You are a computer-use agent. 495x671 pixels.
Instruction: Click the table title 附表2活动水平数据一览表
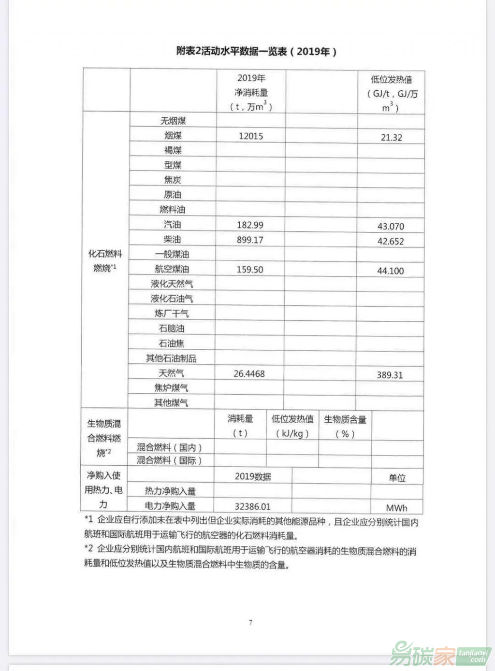[x=256, y=51]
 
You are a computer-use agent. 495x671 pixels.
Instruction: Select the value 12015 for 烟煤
[x=251, y=136]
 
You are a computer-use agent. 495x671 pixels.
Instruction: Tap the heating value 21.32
[x=391, y=138]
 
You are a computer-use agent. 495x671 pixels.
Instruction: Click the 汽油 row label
[x=173, y=225]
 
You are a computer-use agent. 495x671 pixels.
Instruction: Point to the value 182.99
[x=250, y=225]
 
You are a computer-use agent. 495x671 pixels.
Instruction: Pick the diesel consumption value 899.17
[x=250, y=240]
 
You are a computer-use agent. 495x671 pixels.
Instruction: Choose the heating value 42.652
[x=390, y=242]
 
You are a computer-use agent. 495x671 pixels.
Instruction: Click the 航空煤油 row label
[x=172, y=269]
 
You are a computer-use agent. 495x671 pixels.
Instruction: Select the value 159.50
[x=249, y=270]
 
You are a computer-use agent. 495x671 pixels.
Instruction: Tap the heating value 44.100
[x=390, y=271]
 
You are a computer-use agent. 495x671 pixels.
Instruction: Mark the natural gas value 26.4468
[x=249, y=374]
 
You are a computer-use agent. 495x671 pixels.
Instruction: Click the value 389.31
[x=390, y=375]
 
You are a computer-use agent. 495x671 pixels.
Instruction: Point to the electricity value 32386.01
[x=252, y=507]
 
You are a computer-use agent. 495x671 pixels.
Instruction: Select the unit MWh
[x=396, y=508]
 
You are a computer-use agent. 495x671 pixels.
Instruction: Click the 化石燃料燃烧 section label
[x=105, y=261]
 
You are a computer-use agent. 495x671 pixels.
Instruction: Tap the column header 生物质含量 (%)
[x=345, y=426]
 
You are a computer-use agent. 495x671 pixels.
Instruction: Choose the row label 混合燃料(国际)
[x=169, y=461]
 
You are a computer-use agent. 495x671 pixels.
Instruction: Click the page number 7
[x=250, y=622]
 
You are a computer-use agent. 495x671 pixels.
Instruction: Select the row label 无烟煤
[x=173, y=121]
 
